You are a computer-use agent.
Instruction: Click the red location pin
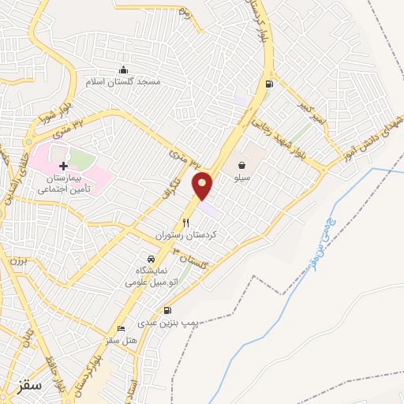point(203,185)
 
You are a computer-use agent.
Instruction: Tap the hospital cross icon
point(63,166)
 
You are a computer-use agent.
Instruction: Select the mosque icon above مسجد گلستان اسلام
point(123,69)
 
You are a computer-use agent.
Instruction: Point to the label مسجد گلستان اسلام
point(124,81)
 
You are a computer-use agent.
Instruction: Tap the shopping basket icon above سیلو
point(241,166)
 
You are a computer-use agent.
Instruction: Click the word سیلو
point(241,179)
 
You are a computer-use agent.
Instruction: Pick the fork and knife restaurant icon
point(186,223)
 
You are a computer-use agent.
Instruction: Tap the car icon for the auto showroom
point(150,258)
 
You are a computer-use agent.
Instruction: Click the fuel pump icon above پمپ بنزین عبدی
point(166,311)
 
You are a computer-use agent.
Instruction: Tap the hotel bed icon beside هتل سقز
point(121,328)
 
